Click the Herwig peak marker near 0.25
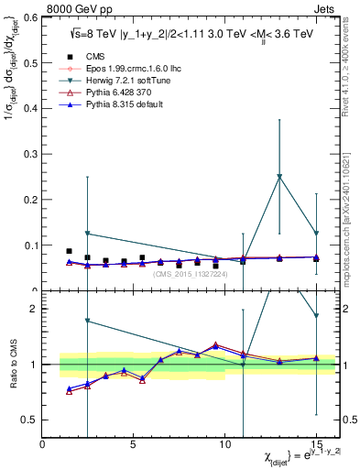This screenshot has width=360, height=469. (x=279, y=177)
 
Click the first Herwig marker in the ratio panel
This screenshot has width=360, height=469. (x=87, y=321)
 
